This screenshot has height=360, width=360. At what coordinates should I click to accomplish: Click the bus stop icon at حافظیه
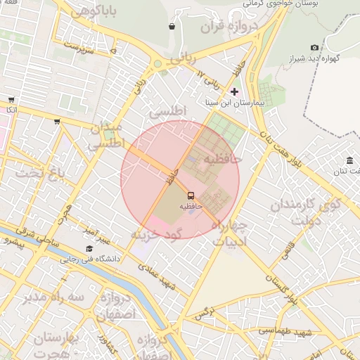191,195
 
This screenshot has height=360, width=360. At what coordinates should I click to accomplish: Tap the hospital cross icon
234,92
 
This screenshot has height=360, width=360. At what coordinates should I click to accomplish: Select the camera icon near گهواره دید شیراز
314,47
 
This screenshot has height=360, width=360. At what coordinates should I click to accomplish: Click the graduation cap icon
89,248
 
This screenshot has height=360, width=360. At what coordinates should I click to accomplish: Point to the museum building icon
349,160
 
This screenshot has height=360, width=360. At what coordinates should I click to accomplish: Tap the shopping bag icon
172,27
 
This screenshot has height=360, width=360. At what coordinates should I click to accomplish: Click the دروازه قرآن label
229,29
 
